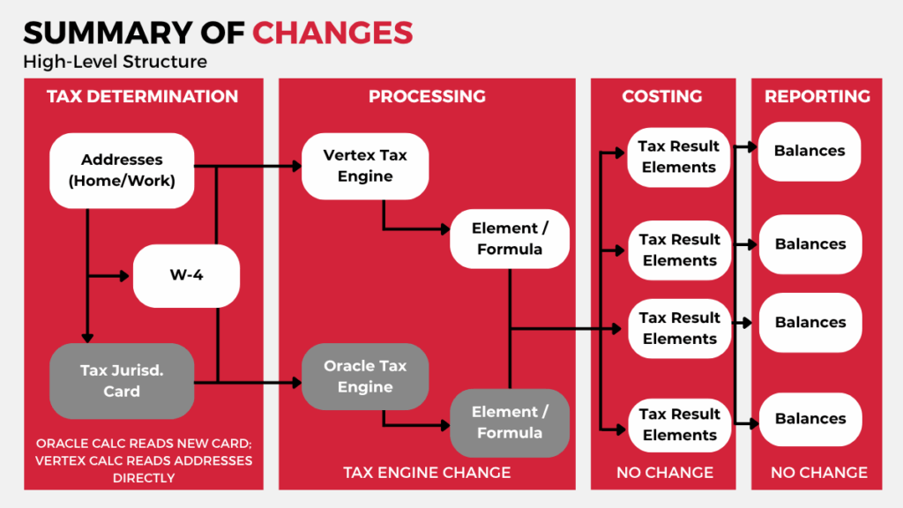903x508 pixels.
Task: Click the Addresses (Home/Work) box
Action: (122, 170)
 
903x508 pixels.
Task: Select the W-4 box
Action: (186, 275)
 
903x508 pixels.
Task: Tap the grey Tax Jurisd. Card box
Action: (122, 381)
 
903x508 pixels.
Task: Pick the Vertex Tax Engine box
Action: (365, 166)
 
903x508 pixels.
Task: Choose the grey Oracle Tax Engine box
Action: (365, 376)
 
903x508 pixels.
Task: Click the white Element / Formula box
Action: (510, 238)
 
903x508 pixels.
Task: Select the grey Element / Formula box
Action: (510, 422)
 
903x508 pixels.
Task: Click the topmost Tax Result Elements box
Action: (679, 157)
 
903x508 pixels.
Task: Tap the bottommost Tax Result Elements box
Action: (680, 424)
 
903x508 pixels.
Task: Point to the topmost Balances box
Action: (810, 151)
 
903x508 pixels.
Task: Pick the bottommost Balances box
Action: (810, 419)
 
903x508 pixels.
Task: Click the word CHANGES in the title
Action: (332, 33)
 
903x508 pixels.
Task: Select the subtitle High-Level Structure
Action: (116, 62)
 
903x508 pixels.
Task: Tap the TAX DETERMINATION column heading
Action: (142, 96)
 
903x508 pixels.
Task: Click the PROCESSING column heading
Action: (427, 96)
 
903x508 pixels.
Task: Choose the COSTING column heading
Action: (661, 96)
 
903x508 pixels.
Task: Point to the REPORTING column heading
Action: (817, 96)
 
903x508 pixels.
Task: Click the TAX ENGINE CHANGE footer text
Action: (427, 473)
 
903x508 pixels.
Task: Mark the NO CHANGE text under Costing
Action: (665, 473)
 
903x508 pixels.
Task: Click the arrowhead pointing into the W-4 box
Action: (124, 276)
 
